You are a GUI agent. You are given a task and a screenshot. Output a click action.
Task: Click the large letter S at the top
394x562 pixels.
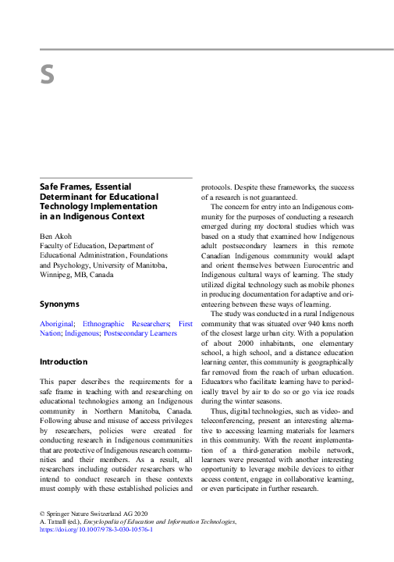point(47,75)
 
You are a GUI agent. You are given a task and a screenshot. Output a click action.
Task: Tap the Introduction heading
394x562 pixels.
point(63,361)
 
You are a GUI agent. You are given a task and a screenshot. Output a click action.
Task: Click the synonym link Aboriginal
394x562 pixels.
point(57,323)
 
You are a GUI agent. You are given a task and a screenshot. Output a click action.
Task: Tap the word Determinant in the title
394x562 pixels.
point(68,197)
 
